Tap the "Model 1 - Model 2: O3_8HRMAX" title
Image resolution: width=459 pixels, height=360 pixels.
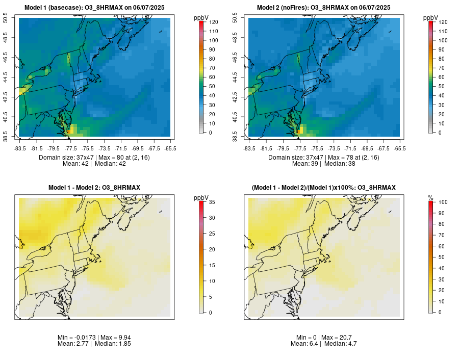pyautogui.click(x=94, y=188)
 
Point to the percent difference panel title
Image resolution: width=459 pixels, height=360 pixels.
pyautogui.click(x=323, y=188)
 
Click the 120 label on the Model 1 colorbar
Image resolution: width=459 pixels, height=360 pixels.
pyautogui.click(x=214, y=22)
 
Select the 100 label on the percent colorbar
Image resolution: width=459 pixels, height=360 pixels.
pyautogui.click(x=443, y=203)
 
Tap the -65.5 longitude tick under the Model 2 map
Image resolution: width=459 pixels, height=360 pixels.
pyautogui.click(x=400, y=148)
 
